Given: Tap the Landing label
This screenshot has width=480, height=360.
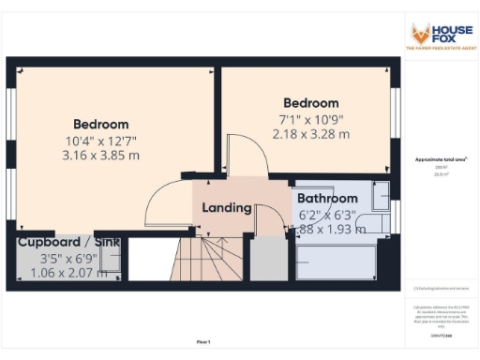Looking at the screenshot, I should click(226, 207).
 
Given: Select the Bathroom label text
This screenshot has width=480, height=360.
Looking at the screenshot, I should click(327, 199).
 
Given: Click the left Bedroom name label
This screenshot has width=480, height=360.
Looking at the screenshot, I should click(101, 124).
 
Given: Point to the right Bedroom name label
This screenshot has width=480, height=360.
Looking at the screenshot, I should click(311, 103).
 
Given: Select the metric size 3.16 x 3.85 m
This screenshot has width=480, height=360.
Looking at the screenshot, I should click(101, 155).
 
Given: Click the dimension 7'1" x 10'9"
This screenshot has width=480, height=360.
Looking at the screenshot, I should click(311, 119).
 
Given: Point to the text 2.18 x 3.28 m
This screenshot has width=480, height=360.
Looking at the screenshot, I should click(311, 134).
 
